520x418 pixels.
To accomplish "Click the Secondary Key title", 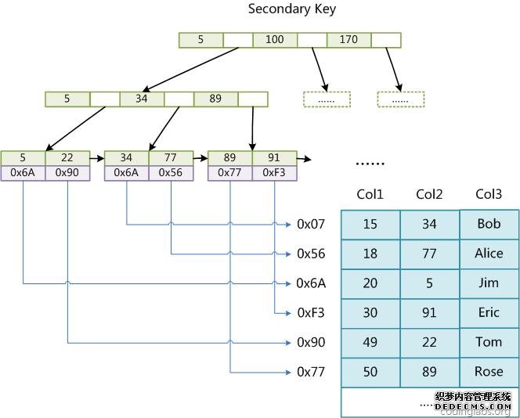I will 281,9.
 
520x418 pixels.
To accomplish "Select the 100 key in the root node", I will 275,40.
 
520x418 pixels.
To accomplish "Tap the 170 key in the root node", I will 348,40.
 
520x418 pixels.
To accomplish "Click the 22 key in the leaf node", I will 67,158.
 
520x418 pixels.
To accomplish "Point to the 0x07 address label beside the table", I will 311,225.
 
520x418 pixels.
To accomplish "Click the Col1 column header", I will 370,194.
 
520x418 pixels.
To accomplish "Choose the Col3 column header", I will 489,194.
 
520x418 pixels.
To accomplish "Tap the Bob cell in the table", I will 489,225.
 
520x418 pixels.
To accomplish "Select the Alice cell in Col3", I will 489,254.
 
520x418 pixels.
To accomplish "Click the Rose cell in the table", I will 489,372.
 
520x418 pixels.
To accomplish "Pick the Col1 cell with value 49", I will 370,342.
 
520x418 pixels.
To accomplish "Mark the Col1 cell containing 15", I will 370,225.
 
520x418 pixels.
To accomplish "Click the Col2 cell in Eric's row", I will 429,313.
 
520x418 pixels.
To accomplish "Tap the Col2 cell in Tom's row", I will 429,342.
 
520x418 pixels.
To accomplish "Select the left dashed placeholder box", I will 327,99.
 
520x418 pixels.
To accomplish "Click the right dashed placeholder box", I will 400,99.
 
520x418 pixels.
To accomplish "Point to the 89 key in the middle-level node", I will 215,99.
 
